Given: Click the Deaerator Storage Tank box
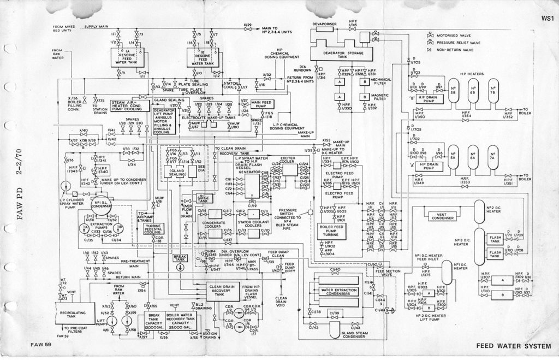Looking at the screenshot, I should [335, 53].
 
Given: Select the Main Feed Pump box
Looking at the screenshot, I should [263, 103].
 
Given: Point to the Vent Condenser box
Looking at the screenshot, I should [443, 217].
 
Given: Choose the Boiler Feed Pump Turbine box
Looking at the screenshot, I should [332, 231].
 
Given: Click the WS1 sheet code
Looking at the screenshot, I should [548, 19].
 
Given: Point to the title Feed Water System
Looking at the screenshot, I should [513, 345].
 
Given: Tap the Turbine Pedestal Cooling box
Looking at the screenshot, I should [154, 228].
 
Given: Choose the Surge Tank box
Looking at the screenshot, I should [203, 198].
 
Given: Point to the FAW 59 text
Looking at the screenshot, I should [40, 344].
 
